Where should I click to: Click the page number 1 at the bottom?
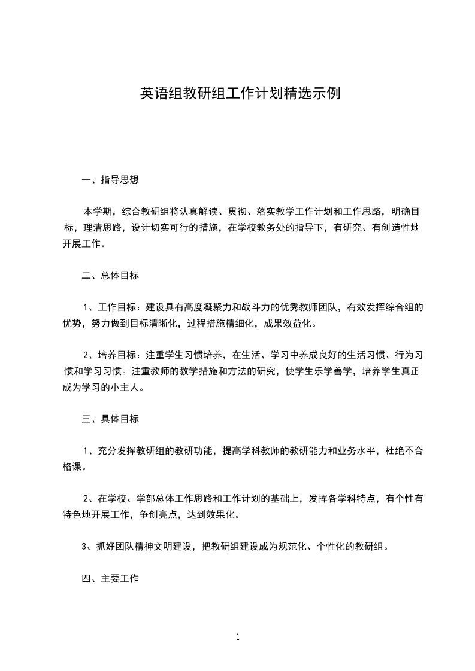pyautogui.click(x=238, y=638)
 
